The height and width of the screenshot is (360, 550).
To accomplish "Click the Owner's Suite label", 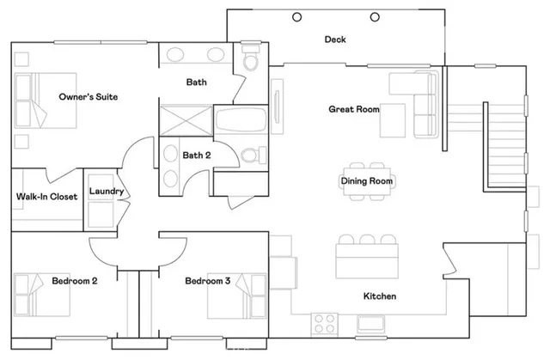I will coord(88,97).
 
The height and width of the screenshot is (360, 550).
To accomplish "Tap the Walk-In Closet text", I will coord(47,197).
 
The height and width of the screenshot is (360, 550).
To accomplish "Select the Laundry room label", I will coord(107,192).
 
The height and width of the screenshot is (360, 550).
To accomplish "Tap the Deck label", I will coord(334,40).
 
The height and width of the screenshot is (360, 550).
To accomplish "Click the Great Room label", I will coord(353,109).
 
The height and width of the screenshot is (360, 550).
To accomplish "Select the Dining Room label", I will coord(367,181).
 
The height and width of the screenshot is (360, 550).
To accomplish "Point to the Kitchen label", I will coord(379,296).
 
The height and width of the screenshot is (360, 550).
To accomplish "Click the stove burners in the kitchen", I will coord(324,323).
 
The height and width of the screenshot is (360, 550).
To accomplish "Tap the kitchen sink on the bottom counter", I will coord(374,323).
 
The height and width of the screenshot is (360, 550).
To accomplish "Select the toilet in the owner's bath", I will coord(251,62).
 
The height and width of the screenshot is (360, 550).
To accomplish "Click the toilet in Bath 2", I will coord(250,156).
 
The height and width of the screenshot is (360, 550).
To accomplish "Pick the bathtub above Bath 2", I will coord(241,120).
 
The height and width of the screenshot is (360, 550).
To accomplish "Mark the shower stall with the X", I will coord(184,118).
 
